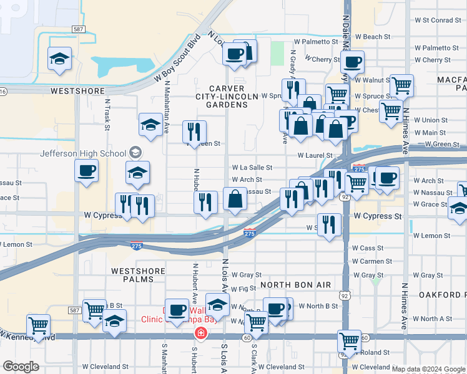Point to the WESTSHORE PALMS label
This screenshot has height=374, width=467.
click(x=138, y=275)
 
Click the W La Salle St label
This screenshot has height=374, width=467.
click(x=252, y=168)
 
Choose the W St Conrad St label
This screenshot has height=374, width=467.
click(x=437, y=21)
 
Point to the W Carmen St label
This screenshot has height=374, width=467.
click(x=371, y=262)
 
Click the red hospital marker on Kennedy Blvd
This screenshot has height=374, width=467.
click(x=200, y=333)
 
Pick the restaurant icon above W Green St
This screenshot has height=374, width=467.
click(x=194, y=132)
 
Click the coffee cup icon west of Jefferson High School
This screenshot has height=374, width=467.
click(x=86, y=170)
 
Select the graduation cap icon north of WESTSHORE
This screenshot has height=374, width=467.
click(x=59, y=59)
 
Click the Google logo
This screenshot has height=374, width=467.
click(x=20, y=367)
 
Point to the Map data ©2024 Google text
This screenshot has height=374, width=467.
click(x=428, y=369)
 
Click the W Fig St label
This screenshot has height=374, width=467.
click(x=243, y=289)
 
